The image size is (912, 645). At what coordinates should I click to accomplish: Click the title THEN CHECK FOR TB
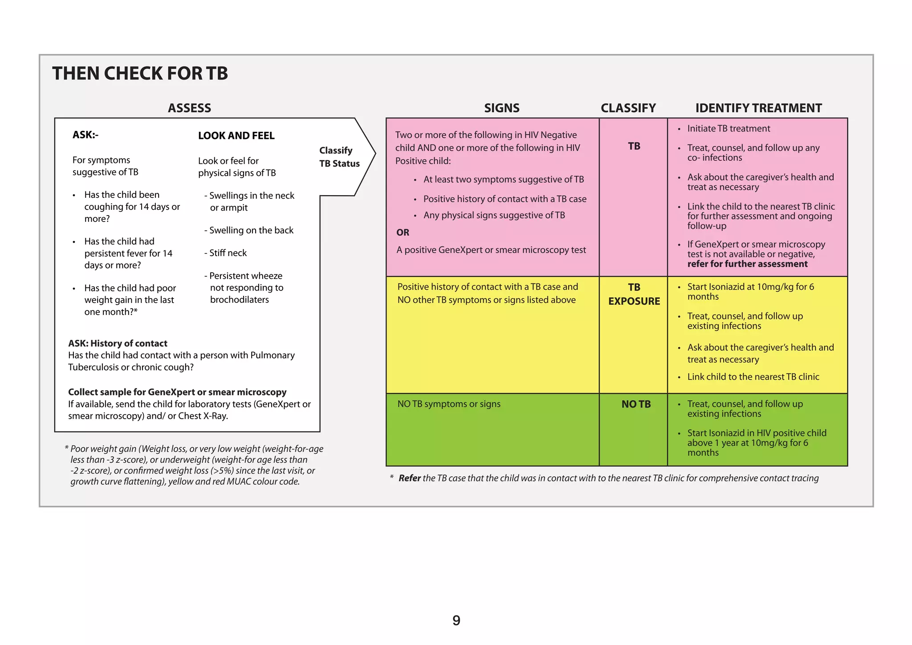click(x=140, y=73)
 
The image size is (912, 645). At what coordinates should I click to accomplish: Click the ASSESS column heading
click(x=189, y=108)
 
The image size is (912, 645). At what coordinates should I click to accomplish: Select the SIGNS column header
click(x=501, y=108)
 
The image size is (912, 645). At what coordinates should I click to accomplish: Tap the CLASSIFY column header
click(x=628, y=108)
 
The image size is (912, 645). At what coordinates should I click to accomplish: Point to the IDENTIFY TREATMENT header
click(x=758, y=108)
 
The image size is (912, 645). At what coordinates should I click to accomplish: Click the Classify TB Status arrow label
click(x=339, y=157)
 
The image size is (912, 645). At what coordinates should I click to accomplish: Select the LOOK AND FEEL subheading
click(x=236, y=136)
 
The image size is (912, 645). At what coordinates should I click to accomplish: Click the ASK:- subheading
click(x=85, y=135)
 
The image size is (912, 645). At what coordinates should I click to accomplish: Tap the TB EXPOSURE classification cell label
click(x=634, y=294)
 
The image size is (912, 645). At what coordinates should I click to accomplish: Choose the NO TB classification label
click(x=636, y=404)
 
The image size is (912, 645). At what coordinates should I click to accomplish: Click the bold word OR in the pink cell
click(x=403, y=233)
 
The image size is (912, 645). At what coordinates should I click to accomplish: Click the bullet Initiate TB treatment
click(x=728, y=129)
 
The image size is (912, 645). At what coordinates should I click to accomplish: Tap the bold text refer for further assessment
click(x=747, y=264)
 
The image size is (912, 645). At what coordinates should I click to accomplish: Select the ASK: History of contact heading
click(x=118, y=343)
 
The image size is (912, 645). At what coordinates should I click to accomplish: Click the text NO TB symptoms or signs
click(x=448, y=404)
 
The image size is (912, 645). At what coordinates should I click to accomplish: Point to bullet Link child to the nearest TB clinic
click(x=753, y=377)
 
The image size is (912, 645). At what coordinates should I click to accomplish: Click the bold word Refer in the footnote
click(x=409, y=478)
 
